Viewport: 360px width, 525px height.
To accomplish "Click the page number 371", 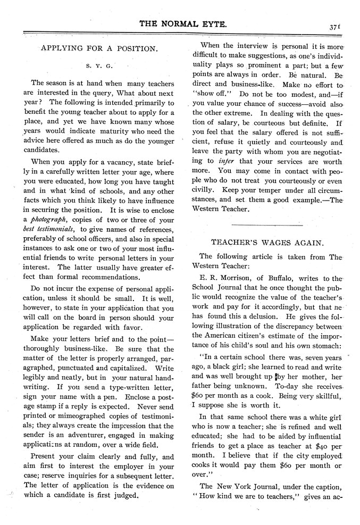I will (335, 24).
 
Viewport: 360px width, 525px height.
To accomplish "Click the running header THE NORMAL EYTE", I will (179, 24).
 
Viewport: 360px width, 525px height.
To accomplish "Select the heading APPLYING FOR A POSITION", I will (99, 48).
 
